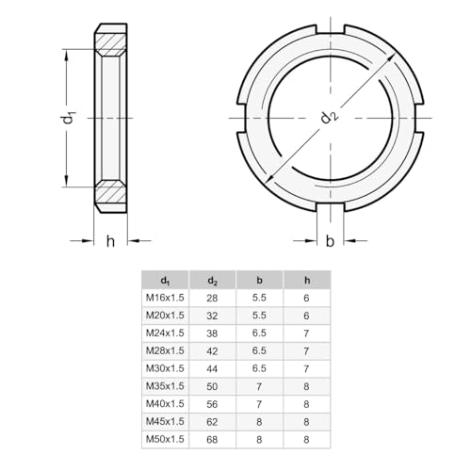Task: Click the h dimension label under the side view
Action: [x=110, y=242]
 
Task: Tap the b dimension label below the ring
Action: [x=329, y=242]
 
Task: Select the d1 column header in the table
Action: [x=166, y=280]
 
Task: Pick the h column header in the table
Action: [x=307, y=280]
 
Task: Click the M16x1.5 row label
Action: [x=166, y=298]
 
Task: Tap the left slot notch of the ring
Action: [x=242, y=117]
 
